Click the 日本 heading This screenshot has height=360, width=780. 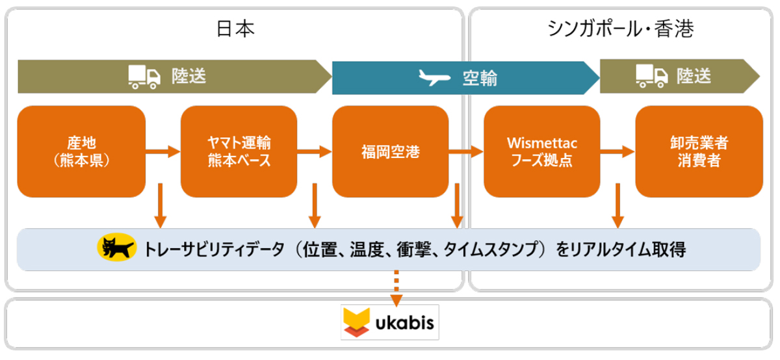coord(235,29)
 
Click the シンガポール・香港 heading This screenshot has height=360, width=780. coord(620,29)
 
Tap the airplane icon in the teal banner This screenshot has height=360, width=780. coord(434,77)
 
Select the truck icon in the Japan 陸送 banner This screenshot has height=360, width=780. coord(144,77)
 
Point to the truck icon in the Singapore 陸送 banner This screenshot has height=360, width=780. coord(651,76)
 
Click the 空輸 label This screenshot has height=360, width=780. coord(480,78)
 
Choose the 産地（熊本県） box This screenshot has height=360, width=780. coord(81,151)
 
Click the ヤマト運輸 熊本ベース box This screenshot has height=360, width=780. coord(239,151)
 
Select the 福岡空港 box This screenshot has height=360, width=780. coord(391,151)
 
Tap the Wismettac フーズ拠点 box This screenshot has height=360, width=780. coord(542,151)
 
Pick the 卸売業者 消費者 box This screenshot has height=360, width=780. coord(699,151)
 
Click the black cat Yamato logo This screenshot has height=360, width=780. coord(116,247)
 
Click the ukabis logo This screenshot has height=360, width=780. coord(389,322)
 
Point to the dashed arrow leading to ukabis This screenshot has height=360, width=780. coord(396,289)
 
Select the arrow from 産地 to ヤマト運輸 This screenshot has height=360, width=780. coord(163,151)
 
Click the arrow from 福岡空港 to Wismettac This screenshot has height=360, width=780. coord(466,151)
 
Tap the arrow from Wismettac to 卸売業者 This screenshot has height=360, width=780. coord(617,151)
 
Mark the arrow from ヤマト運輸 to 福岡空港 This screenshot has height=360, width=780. coord(315,151)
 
